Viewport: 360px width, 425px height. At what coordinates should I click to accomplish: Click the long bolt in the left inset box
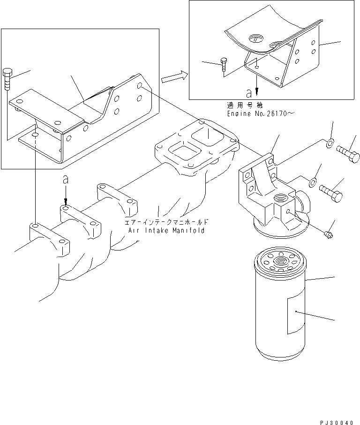pyautogui.click(x=7, y=78)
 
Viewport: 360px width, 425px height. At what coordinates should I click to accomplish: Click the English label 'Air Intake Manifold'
pyautogui.click(x=166, y=231)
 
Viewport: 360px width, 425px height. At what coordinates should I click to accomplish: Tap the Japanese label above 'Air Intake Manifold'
pyautogui.click(x=166, y=223)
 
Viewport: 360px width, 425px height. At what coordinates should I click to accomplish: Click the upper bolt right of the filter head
pyautogui.click(x=348, y=153)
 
